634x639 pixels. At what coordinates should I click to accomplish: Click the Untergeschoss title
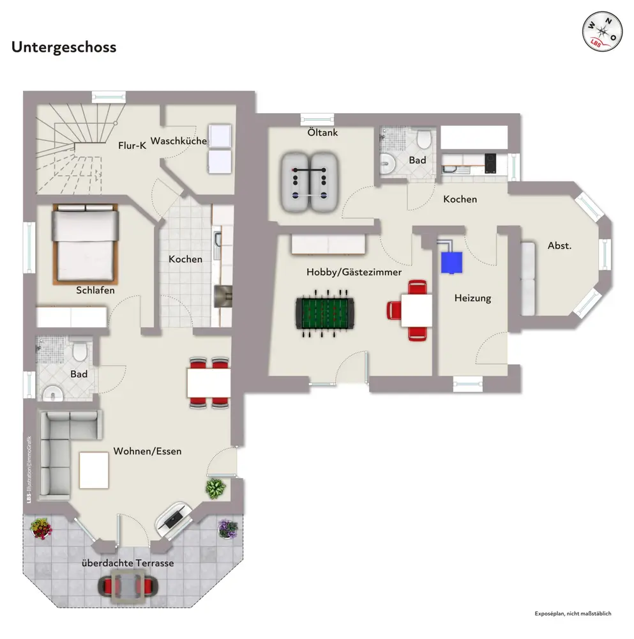64,47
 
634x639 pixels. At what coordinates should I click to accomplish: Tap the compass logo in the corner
601,32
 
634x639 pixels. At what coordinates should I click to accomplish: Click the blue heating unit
452,261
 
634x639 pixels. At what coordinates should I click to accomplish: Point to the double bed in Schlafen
86,243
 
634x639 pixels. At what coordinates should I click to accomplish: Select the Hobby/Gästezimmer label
354,272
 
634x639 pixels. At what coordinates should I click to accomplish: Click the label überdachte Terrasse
128,563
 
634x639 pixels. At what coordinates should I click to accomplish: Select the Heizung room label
472,298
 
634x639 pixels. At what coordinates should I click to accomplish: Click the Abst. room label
559,245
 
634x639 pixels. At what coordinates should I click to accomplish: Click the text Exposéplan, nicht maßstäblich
573,613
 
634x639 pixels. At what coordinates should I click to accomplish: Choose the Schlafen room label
96,290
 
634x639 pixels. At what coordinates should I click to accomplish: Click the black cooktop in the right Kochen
490,163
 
